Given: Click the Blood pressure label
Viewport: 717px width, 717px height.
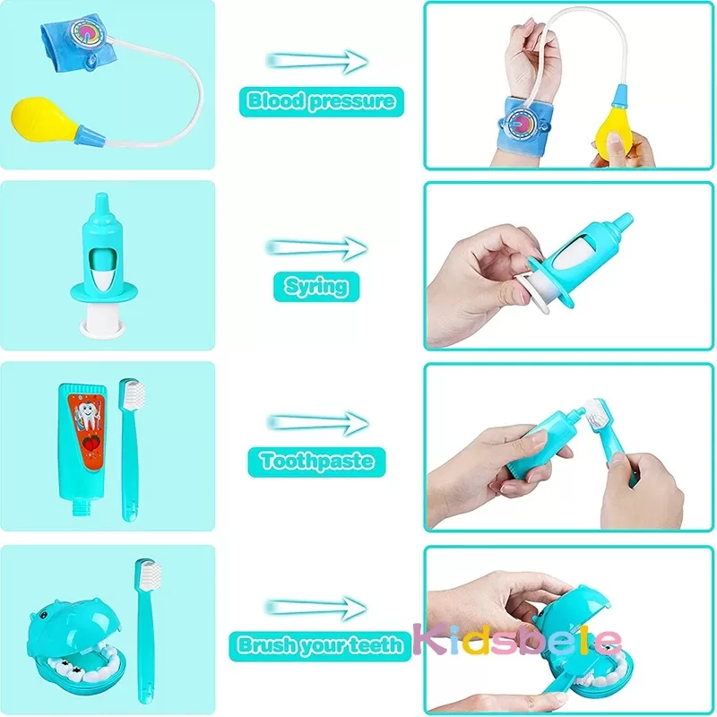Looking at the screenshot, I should (x=321, y=101).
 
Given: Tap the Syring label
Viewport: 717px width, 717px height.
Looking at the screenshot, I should (x=315, y=286).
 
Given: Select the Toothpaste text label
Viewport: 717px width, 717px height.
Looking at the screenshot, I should (x=316, y=462).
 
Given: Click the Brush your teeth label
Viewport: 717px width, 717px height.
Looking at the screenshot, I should (x=321, y=644).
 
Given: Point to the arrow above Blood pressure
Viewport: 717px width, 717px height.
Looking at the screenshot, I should (x=318, y=61).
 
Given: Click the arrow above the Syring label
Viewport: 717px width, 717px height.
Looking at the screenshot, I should (x=318, y=246).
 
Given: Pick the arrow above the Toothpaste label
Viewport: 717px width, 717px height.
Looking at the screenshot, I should (x=318, y=420).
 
